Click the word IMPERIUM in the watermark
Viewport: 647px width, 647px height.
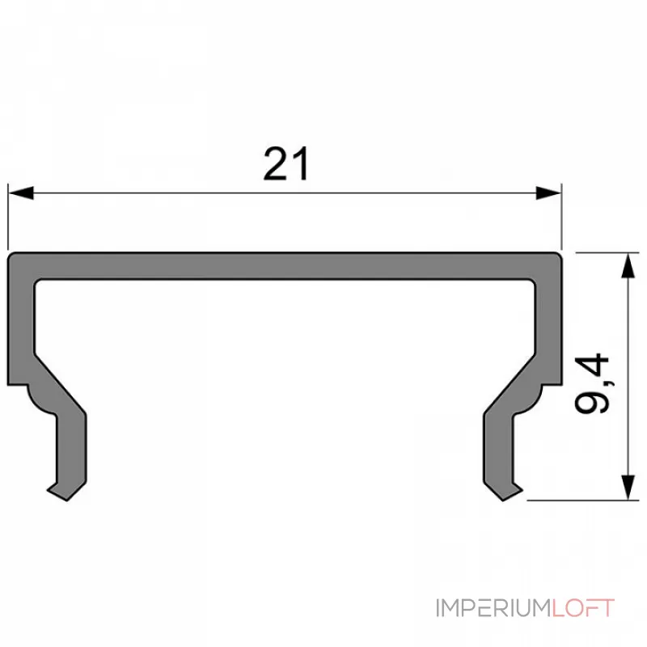pos(493,608)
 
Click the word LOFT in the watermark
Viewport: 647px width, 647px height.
pos(583,608)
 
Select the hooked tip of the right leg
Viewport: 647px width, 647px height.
pos(508,491)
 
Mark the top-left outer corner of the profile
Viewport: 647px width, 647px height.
pos(11,256)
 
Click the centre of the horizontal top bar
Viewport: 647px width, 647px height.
pos(285,266)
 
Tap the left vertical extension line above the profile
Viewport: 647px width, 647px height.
pos(8,218)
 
